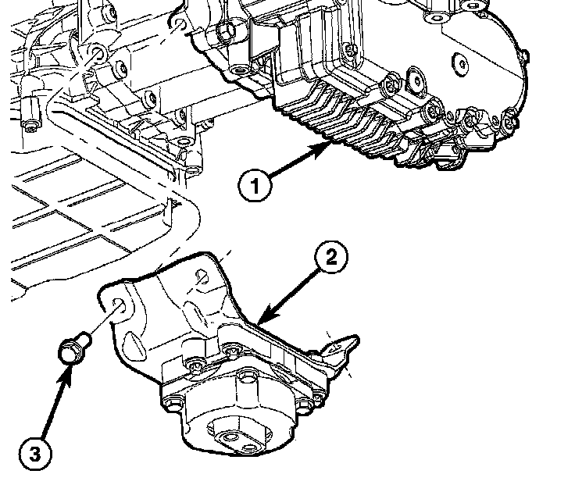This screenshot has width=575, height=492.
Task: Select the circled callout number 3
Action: [34, 451]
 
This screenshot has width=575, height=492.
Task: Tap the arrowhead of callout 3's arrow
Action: [69, 367]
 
